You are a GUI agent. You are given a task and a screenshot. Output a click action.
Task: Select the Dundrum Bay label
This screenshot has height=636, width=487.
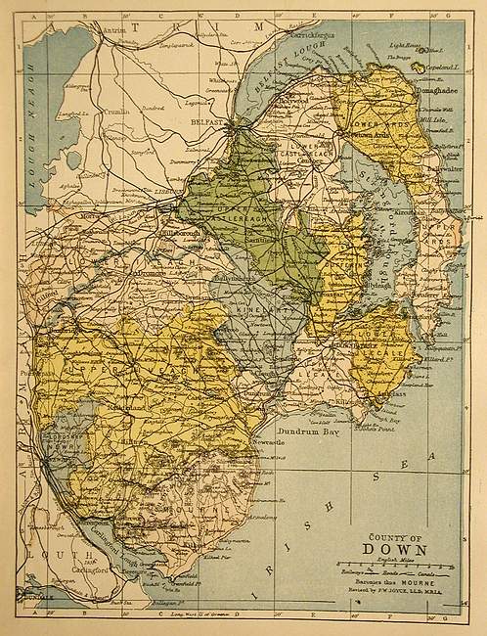tap(310, 431)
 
